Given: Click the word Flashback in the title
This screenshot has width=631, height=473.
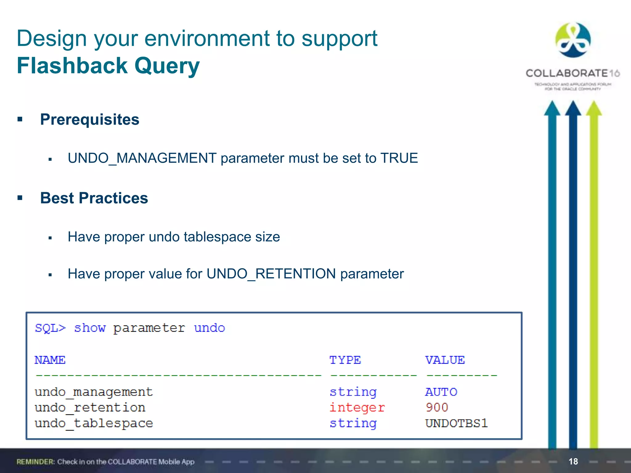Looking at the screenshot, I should pos(72,66).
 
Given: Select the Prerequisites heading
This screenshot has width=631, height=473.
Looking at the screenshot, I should pos(90,119).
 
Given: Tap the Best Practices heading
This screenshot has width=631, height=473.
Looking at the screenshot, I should pos(94,198).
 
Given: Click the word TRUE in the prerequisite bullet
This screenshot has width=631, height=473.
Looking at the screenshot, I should pos(399,158).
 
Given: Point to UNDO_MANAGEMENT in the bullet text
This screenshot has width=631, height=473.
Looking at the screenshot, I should pos(142,158).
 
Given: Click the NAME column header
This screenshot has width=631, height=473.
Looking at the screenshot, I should pos(50,360).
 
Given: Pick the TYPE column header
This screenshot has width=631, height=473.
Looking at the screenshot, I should pos(345,360).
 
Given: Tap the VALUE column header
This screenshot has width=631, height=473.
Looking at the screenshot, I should pos(445,360).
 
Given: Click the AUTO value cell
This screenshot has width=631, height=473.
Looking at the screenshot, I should pos(441,392).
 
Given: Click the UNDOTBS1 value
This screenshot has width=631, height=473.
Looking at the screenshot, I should pos(456,423).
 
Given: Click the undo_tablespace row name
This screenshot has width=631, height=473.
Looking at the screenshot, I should pos(94,423).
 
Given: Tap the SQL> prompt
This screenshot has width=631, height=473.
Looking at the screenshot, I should pos(50,328).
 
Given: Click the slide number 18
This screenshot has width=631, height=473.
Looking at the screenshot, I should pos(573,461).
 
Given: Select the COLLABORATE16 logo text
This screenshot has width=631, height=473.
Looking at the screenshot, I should pos(572,73).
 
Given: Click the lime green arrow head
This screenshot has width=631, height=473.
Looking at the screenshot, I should pos(594,108).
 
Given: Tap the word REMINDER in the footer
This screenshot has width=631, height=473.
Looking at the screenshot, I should pos(35,462).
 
